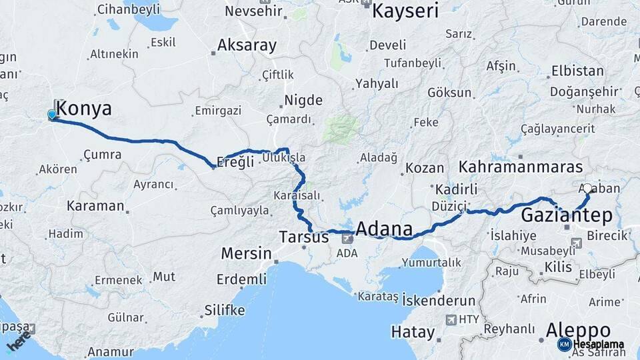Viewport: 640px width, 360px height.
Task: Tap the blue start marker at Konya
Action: pyautogui.click(x=52, y=115)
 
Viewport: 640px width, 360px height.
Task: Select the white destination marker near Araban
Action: pyautogui.click(x=587, y=189)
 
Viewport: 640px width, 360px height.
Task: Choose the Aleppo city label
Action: pyautogui.click(x=578, y=329)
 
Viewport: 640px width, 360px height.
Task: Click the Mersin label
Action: pyautogui.click(x=246, y=253)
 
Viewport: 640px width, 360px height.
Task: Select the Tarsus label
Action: pyautogui.click(x=303, y=237)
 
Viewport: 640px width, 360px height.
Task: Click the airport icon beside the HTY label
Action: pyautogui.click(x=451, y=319)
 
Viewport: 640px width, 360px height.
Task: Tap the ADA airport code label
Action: pyautogui.click(x=347, y=253)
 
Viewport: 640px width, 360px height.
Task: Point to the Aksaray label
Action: pyautogui.click(x=247, y=45)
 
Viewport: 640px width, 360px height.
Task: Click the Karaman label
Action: pyautogui.click(x=95, y=205)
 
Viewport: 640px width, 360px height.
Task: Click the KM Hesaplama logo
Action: pyautogui.click(x=591, y=344)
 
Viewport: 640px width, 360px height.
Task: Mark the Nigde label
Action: pyautogui.click(x=303, y=101)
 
